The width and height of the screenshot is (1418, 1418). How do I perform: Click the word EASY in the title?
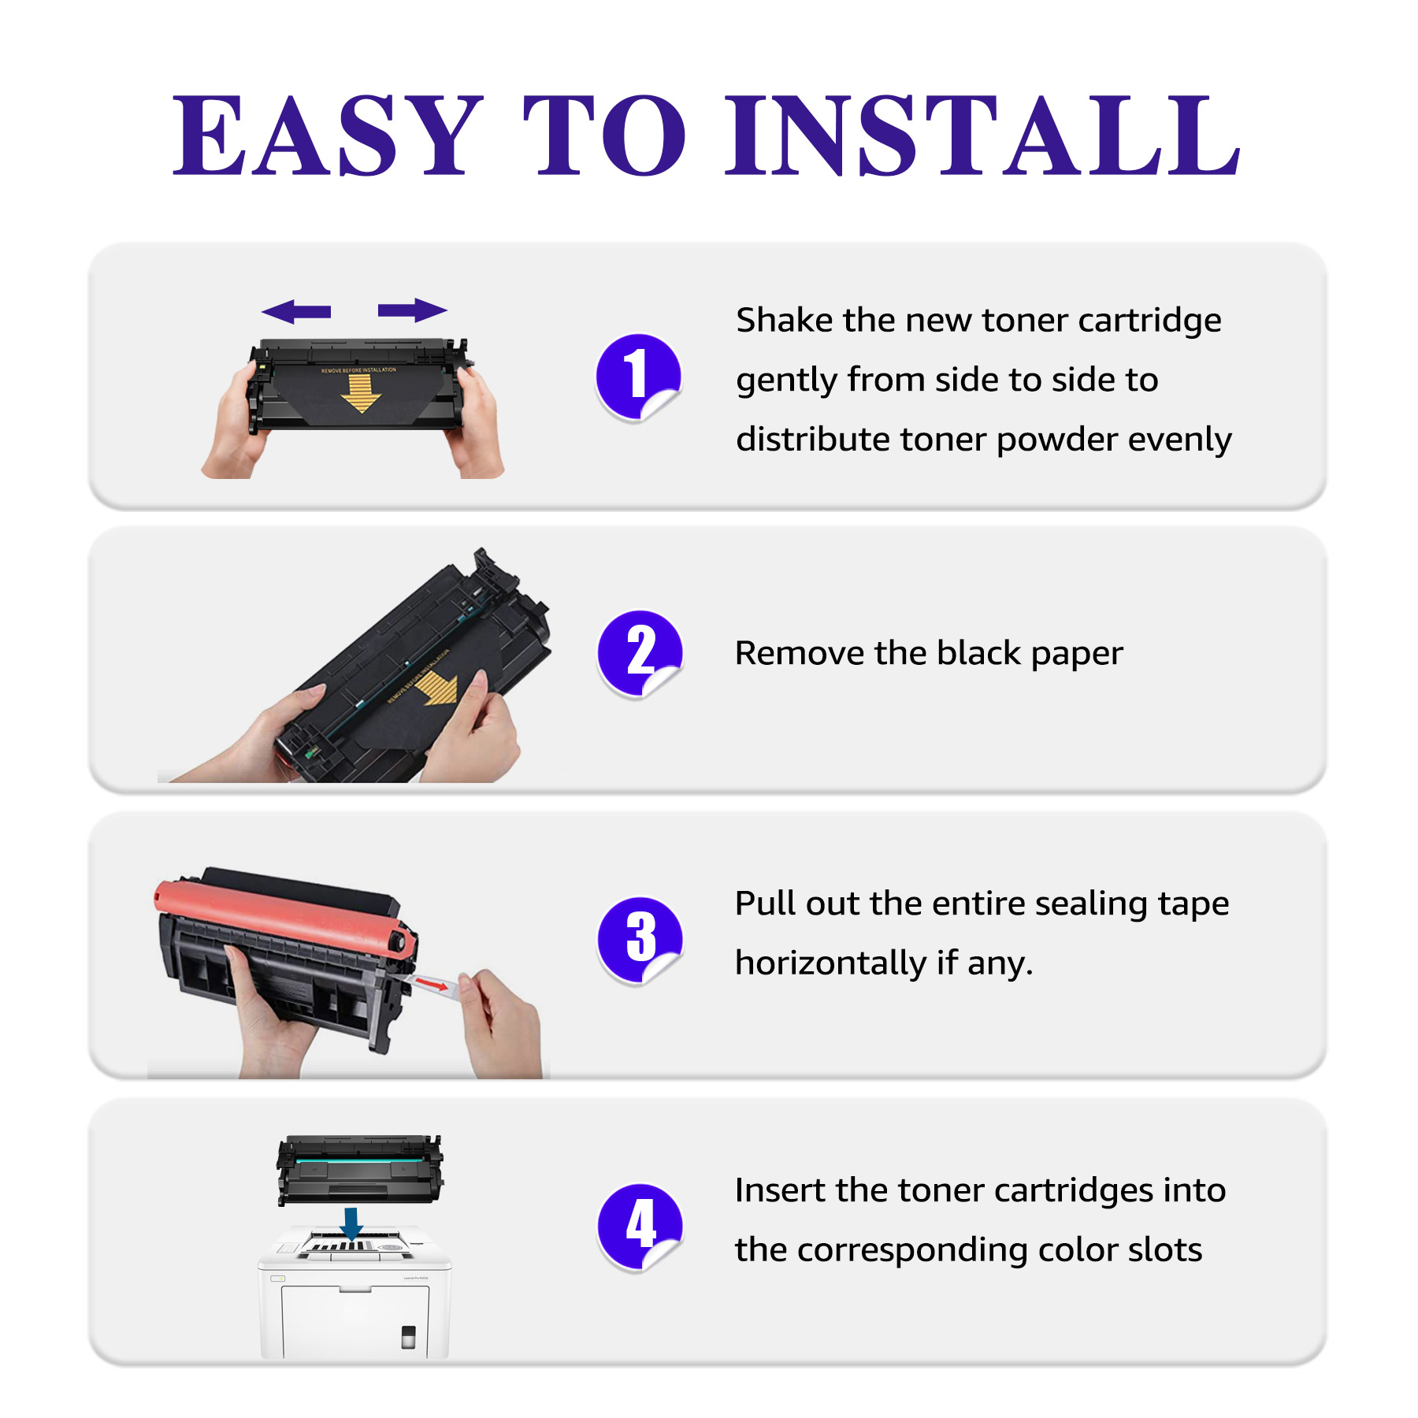click(327, 135)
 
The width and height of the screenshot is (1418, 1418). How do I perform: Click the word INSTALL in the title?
click(982, 135)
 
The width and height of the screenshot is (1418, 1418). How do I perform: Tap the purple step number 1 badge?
click(638, 377)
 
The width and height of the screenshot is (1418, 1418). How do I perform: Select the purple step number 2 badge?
click(640, 653)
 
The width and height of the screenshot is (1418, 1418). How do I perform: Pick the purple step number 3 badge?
click(640, 940)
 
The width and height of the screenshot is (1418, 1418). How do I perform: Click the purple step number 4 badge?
click(640, 1227)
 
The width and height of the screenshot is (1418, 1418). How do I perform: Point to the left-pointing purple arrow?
click(296, 311)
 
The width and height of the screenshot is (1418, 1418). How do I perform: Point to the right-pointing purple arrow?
click(413, 310)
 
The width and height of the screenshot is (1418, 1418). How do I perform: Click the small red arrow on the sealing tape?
click(432, 983)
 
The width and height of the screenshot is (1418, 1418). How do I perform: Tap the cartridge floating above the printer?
click(360, 1170)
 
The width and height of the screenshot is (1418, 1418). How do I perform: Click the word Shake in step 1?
click(784, 321)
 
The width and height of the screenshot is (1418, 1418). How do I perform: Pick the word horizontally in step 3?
click(830, 963)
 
